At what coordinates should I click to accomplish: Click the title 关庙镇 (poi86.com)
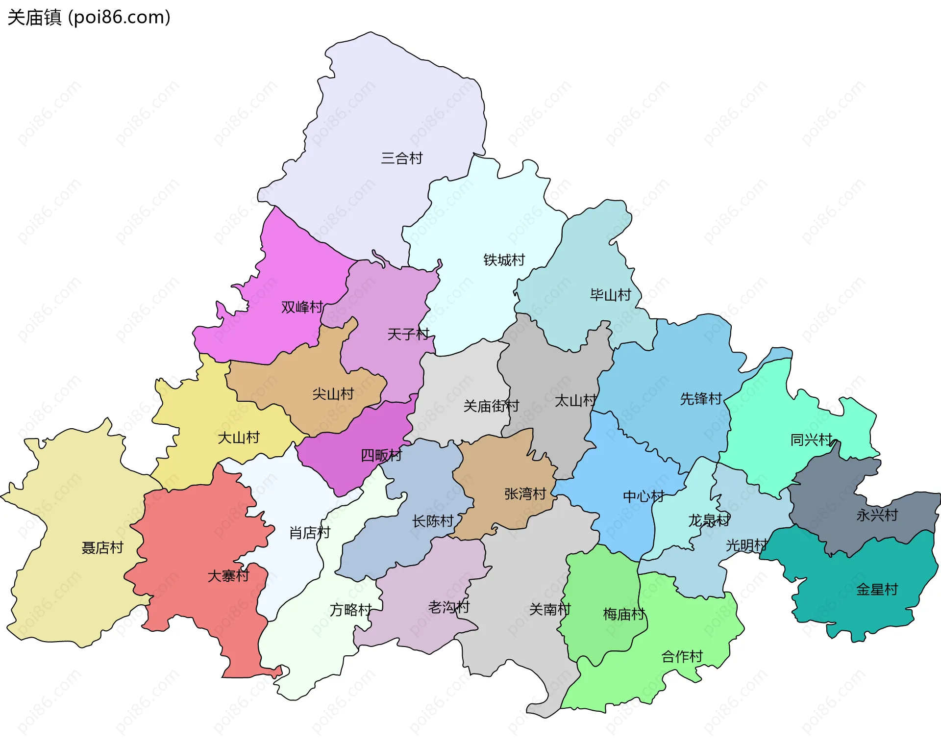pos(89,18)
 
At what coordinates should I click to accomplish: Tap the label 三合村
pos(401,158)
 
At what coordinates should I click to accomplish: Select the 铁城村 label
pos(504,260)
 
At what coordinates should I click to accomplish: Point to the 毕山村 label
pos(610,295)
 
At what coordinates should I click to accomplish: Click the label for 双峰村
pos(302,307)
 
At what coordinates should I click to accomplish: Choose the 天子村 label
pos(408,335)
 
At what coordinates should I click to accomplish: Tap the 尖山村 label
pos(333,394)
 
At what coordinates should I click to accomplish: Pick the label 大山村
pos(238,438)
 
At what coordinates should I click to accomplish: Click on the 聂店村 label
pos(102,547)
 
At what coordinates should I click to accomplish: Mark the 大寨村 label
pos(228,575)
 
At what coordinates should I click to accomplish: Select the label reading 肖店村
pos(310,533)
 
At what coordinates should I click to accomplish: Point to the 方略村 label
pos(350,610)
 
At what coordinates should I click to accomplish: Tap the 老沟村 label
pos(448,607)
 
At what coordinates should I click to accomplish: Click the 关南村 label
pos(550,609)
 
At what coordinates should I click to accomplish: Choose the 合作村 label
pos(682,656)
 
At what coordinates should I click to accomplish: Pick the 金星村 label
pos(877,589)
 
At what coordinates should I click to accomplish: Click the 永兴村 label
pos(877,515)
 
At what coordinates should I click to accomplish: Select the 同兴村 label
pos(811,440)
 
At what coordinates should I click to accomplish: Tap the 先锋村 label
pos(701,399)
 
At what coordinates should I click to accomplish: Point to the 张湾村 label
pos(525,493)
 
